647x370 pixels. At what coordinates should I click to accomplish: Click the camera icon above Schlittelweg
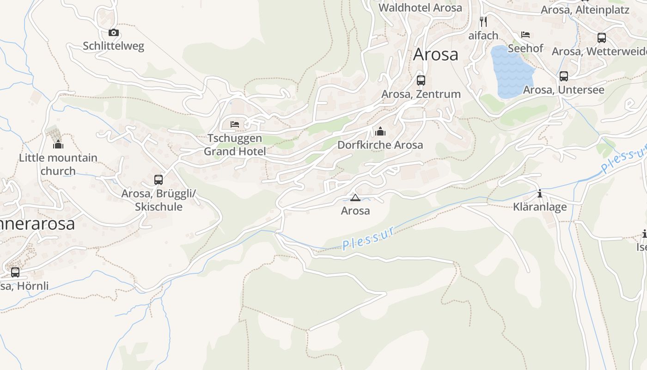click(x=114, y=32)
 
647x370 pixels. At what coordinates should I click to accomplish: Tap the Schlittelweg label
click(x=114, y=46)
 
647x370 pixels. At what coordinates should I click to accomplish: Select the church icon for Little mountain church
click(x=58, y=144)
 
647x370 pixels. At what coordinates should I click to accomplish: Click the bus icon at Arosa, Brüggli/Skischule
click(x=159, y=179)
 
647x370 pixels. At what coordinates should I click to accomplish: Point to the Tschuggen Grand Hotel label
click(x=235, y=145)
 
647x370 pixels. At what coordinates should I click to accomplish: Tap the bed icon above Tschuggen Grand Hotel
click(x=235, y=124)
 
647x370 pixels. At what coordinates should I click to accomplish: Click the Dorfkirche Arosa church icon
click(x=380, y=131)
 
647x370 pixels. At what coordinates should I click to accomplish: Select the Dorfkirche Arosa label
click(x=380, y=145)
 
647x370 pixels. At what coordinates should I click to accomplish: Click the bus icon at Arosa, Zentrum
click(x=421, y=80)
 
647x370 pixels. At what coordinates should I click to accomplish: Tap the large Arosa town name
click(x=436, y=54)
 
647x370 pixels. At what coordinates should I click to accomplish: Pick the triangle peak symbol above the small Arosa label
click(x=355, y=198)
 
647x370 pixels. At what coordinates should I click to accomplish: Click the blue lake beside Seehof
click(x=511, y=72)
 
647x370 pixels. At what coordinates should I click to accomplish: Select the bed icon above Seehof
click(x=525, y=35)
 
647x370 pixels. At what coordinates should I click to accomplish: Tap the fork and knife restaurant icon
click(x=483, y=22)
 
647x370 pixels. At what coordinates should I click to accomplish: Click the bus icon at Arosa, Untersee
click(x=564, y=76)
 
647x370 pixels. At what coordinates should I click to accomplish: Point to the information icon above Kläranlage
click(x=540, y=193)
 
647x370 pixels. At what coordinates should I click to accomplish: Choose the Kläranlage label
click(x=540, y=207)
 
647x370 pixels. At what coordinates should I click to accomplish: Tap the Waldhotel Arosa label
click(x=420, y=8)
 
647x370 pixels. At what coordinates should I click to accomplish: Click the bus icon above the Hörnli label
click(x=15, y=272)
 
